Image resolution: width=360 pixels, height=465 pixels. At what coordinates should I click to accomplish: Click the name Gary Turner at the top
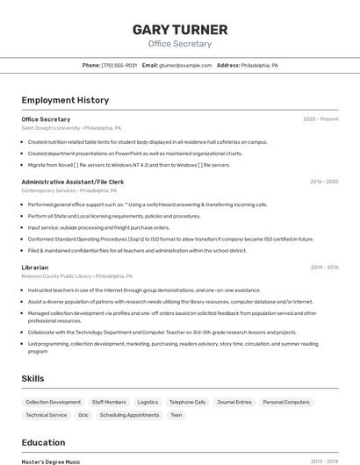click(x=180, y=30)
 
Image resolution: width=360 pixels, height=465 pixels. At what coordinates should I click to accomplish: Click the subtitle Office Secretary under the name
click(x=180, y=43)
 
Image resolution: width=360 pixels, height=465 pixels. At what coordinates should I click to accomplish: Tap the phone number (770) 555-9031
click(x=119, y=65)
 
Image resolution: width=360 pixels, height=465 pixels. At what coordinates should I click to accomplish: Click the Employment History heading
click(x=65, y=100)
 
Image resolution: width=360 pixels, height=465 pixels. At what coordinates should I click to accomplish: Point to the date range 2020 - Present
click(x=320, y=118)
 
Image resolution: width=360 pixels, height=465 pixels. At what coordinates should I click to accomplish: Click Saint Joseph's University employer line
click(x=71, y=128)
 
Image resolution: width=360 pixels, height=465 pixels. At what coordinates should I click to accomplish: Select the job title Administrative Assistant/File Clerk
click(x=73, y=182)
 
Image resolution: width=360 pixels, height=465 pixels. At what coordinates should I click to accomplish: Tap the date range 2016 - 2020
click(x=324, y=182)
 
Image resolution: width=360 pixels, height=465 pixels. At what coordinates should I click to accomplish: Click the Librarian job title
click(x=35, y=267)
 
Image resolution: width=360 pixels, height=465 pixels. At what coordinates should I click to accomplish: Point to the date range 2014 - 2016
click(x=324, y=267)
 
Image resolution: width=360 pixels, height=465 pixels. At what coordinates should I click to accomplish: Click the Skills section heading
click(x=33, y=378)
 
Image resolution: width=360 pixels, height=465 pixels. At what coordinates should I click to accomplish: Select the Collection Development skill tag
click(x=53, y=402)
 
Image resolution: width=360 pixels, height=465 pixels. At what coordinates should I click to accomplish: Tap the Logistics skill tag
click(x=148, y=402)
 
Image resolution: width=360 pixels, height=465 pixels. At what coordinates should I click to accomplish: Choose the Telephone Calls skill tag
click(x=187, y=402)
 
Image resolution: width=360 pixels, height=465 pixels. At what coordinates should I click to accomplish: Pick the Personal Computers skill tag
click(x=286, y=402)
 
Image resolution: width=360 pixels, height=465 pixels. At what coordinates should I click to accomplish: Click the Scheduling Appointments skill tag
click(x=129, y=415)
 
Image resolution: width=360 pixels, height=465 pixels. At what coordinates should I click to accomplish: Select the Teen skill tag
click(x=176, y=415)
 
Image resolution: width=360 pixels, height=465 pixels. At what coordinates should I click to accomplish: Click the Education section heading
click(x=43, y=442)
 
